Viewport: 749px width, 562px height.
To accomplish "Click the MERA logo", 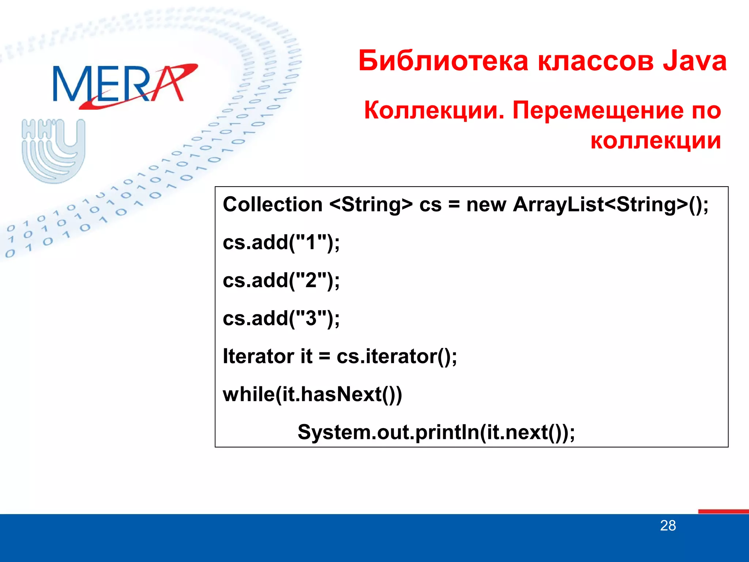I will click(x=124, y=85).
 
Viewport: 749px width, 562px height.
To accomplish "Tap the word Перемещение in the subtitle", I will click(x=598, y=110).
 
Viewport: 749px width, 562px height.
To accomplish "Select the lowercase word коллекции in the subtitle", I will click(x=655, y=140).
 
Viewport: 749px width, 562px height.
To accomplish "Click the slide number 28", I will click(x=668, y=526).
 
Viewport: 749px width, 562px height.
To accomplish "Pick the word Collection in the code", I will click(x=272, y=204).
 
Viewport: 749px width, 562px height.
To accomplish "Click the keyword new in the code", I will click(x=486, y=204).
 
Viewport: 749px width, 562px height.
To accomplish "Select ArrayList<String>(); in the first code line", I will click(x=610, y=204).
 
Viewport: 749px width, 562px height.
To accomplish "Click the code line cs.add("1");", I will click(x=281, y=242).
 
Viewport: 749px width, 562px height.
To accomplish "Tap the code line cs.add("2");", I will click(x=281, y=280).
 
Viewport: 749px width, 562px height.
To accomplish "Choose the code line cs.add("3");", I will click(x=281, y=318).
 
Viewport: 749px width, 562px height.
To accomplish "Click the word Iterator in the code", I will click(x=258, y=356).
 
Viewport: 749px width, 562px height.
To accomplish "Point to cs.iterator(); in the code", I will click(x=396, y=356).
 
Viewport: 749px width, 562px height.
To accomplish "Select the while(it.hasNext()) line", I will click(x=312, y=394).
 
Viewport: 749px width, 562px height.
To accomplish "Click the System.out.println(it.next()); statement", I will click(x=436, y=432).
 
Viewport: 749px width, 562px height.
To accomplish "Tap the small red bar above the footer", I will click(x=723, y=511).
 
